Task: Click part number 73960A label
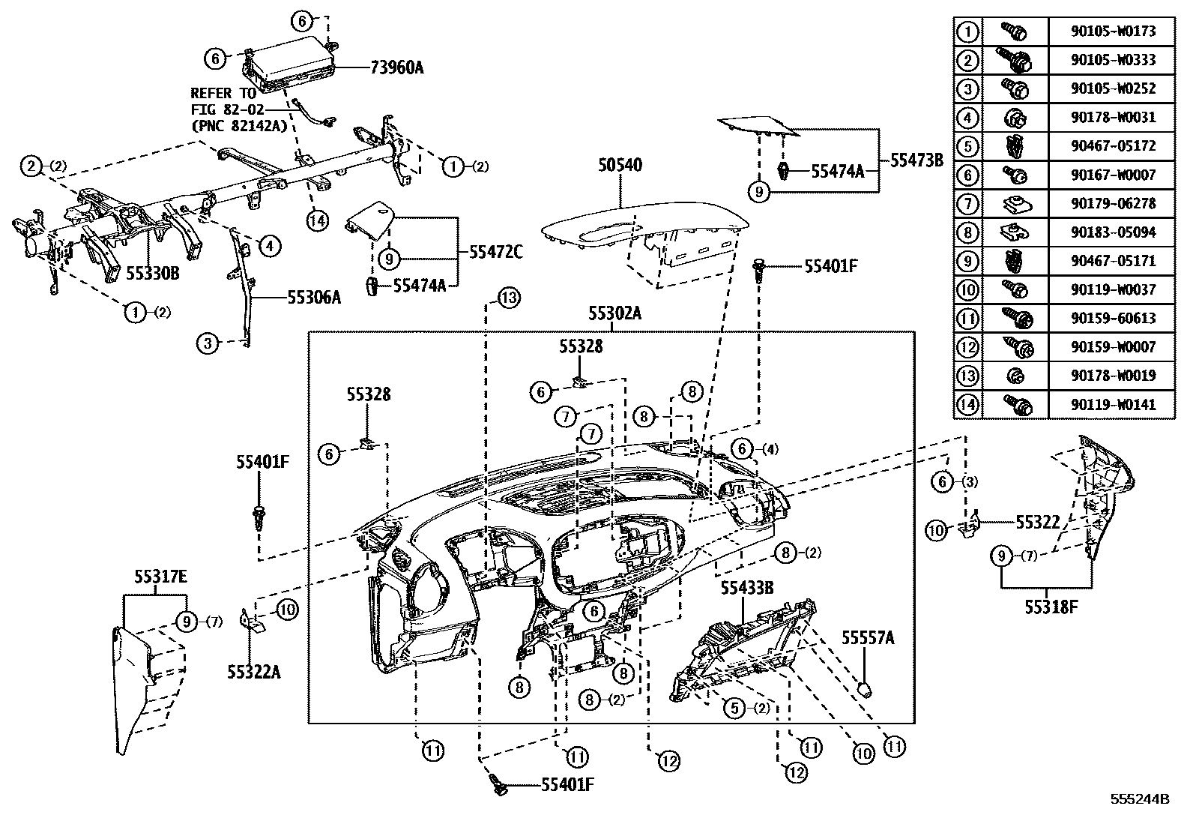tap(396, 68)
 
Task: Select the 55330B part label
tap(153, 273)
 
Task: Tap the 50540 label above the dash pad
tap(620, 164)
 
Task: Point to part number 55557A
tap(867, 637)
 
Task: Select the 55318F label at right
tap(1051, 607)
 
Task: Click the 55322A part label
tap(254, 672)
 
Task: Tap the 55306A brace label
tap(314, 298)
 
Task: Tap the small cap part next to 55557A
tap(865, 688)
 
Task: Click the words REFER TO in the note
tap(223, 94)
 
